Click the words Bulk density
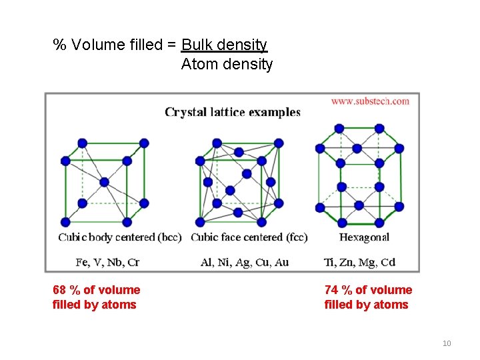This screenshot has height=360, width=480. tap(224, 45)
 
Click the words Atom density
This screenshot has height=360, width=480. tap(227, 65)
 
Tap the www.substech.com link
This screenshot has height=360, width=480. tap(370, 101)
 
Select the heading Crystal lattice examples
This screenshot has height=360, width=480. tap(233, 112)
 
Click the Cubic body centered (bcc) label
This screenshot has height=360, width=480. tap(120, 237)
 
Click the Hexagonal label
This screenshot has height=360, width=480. tap(364, 237)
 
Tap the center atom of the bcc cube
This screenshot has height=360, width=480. tap(104, 181)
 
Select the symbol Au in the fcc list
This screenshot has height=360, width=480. tap(281, 262)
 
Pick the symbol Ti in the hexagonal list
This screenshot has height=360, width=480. tap(329, 262)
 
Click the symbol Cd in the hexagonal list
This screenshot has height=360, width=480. tap(387, 262)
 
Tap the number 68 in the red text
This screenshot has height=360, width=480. tap(60, 290)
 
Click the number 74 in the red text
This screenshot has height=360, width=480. tap(331, 290)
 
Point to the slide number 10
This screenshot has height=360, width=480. tap(447, 343)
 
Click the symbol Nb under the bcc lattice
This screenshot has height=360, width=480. tap(115, 262)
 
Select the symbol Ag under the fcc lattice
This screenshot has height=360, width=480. tap(243, 262)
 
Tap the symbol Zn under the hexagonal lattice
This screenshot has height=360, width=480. tap(346, 262)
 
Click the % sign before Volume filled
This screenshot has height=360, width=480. tap(60, 45)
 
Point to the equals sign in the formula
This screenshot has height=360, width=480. tap(171, 45)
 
